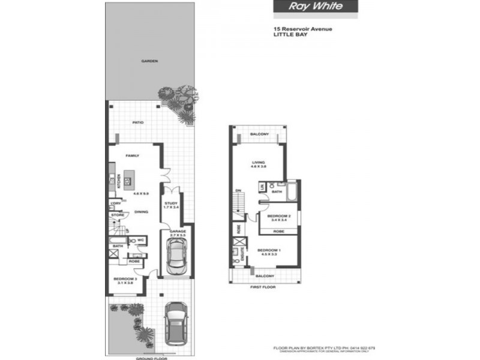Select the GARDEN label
[x=149, y=61]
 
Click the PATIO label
[x=138, y=122]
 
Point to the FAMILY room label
[x=132, y=155]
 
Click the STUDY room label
[x=171, y=203]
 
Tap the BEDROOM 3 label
[x=125, y=278]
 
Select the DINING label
[x=141, y=211]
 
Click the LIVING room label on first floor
[x=258, y=161]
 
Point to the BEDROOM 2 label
[x=278, y=215]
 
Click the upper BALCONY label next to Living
[x=259, y=134]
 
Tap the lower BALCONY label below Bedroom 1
[x=265, y=276]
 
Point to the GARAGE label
[x=177, y=231]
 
